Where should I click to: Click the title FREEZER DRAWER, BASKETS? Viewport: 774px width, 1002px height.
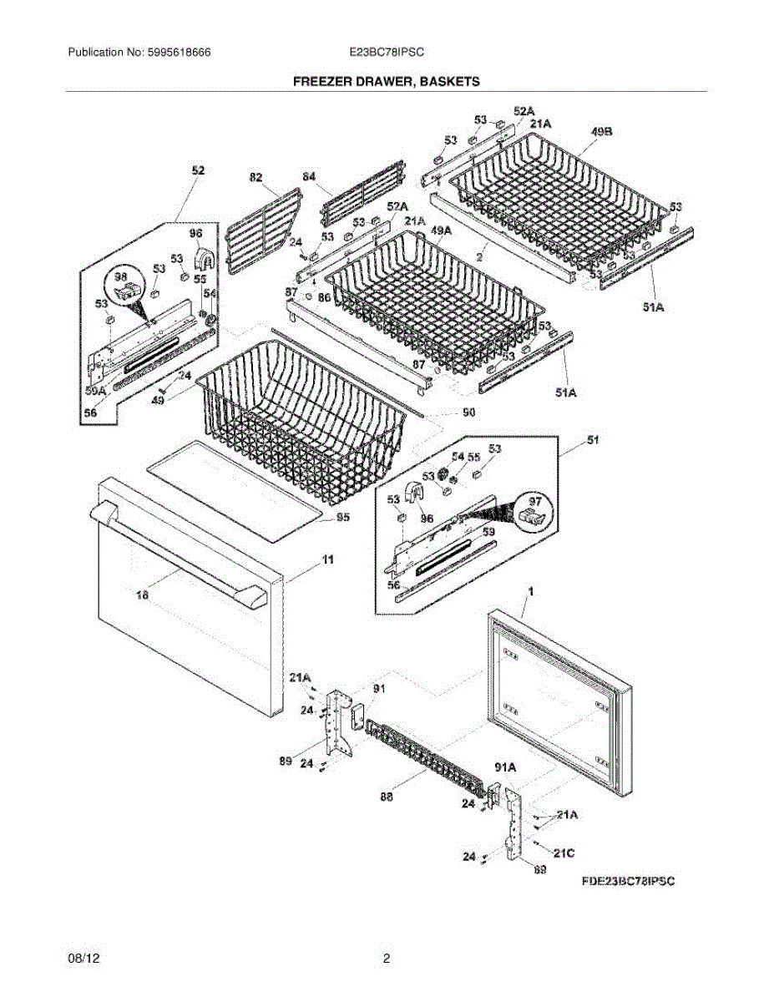386,82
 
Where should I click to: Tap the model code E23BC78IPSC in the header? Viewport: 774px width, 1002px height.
387,52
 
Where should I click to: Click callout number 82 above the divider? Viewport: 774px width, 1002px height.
255,177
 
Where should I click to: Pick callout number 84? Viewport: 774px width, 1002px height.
309,177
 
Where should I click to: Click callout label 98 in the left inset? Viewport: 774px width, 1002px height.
121,276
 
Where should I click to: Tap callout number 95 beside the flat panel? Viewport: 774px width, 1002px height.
342,518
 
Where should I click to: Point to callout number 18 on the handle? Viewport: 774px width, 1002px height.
141,595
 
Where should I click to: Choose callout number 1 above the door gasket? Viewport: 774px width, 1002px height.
529,591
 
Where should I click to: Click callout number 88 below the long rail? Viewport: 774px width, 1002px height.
385,797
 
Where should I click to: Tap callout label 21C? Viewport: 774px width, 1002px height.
565,852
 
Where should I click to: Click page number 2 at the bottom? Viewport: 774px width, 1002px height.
386,959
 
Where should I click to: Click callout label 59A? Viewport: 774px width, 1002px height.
96,390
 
